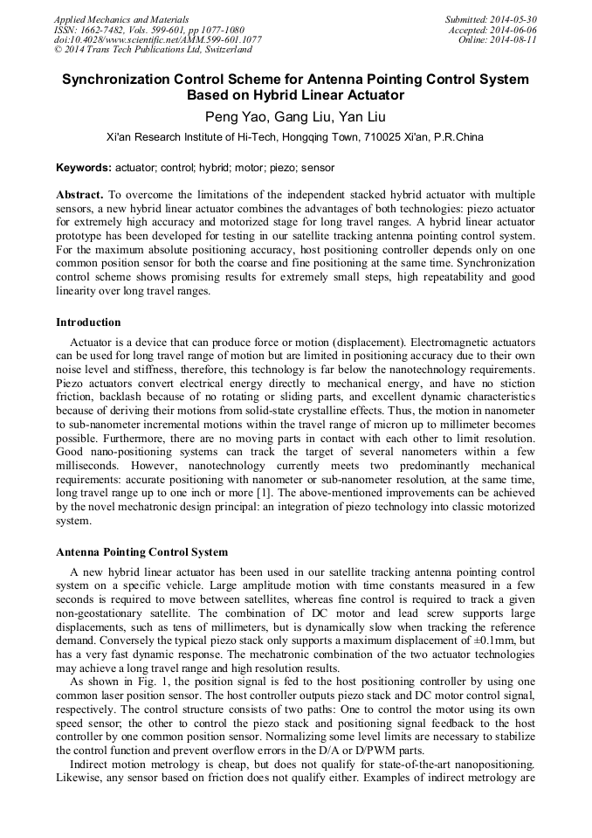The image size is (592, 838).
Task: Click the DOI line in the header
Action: pyautogui.click(x=157, y=39)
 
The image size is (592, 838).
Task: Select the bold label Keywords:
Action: pyautogui.click(x=84, y=167)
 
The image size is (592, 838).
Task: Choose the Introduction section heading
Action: pyautogui.click(x=88, y=322)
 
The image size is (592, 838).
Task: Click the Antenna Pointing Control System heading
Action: pyautogui.click(x=141, y=552)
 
